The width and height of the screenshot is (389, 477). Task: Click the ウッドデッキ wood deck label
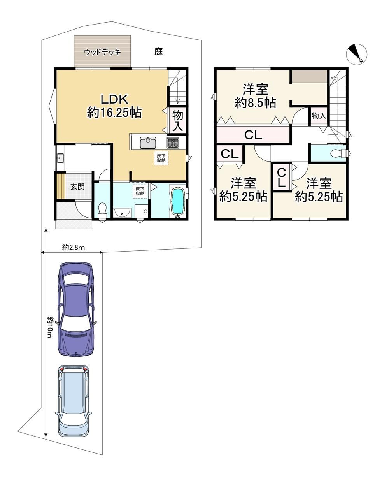[103, 52]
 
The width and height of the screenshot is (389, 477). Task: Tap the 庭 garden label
[159, 52]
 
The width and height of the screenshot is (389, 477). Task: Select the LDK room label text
[114, 99]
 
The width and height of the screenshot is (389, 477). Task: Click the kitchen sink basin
[148, 143]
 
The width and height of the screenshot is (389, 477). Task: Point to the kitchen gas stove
[173, 143]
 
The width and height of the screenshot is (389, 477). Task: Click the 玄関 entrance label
[77, 187]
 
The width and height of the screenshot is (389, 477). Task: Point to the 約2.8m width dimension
[74, 248]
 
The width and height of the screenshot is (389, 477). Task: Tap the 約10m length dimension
[49, 327]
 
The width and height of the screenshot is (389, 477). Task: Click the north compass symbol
[357, 54]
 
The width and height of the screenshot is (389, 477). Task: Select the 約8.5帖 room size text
[255, 103]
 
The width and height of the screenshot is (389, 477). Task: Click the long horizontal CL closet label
[253, 135]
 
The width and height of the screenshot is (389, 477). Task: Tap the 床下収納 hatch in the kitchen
[161, 158]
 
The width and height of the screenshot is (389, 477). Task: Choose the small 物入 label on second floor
[319, 116]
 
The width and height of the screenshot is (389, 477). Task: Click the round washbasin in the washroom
[122, 213]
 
